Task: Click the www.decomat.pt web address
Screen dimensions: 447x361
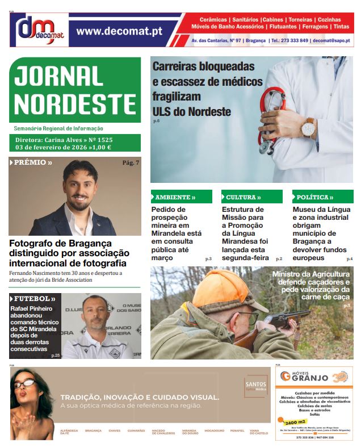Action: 119,31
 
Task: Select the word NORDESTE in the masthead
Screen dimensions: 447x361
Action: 74,104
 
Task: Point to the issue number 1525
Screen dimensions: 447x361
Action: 105,139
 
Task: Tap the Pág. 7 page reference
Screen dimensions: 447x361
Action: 131,163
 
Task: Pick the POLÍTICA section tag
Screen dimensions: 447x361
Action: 313,197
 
